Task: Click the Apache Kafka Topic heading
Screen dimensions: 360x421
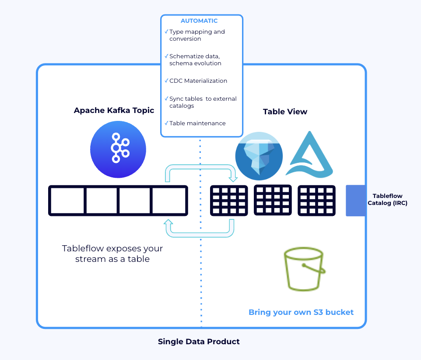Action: point(114,110)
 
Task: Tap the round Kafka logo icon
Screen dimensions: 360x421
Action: point(118,149)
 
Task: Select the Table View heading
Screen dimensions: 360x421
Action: point(285,112)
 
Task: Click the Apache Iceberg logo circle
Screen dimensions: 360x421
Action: point(259,155)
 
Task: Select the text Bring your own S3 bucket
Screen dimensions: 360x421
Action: point(301,312)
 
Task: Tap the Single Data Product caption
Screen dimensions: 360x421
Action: point(199,341)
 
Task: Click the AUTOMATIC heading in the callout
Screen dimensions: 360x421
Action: point(199,21)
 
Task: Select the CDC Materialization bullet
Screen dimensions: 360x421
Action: point(198,81)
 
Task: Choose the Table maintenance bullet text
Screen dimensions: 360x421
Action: point(197,124)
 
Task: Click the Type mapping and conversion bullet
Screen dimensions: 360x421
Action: point(196,35)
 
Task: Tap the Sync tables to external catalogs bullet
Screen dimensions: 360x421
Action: point(202,102)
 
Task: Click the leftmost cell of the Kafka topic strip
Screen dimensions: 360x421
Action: point(67,201)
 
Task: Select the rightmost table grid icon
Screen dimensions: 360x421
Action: point(316,201)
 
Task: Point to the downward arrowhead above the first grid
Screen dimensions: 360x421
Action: point(233,179)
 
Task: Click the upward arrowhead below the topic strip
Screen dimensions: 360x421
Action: point(168,222)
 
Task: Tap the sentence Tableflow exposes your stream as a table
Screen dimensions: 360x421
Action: point(112,254)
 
